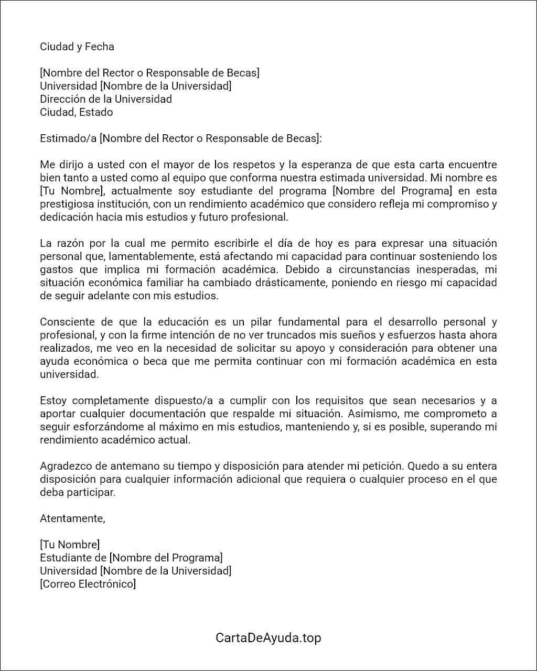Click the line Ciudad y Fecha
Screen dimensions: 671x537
click(x=77, y=47)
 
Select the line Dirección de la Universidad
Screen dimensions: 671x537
click(x=106, y=99)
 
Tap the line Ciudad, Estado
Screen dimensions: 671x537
click(x=77, y=112)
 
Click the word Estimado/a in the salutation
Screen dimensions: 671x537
click(x=68, y=138)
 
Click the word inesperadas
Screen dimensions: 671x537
click(x=438, y=269)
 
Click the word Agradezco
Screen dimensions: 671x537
click(x=66, y=466)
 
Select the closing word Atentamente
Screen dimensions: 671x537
click(x=72, y=518)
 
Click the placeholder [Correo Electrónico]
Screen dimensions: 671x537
click(x=88, y=584)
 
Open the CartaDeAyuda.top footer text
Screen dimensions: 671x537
click(x=268, y=638)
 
